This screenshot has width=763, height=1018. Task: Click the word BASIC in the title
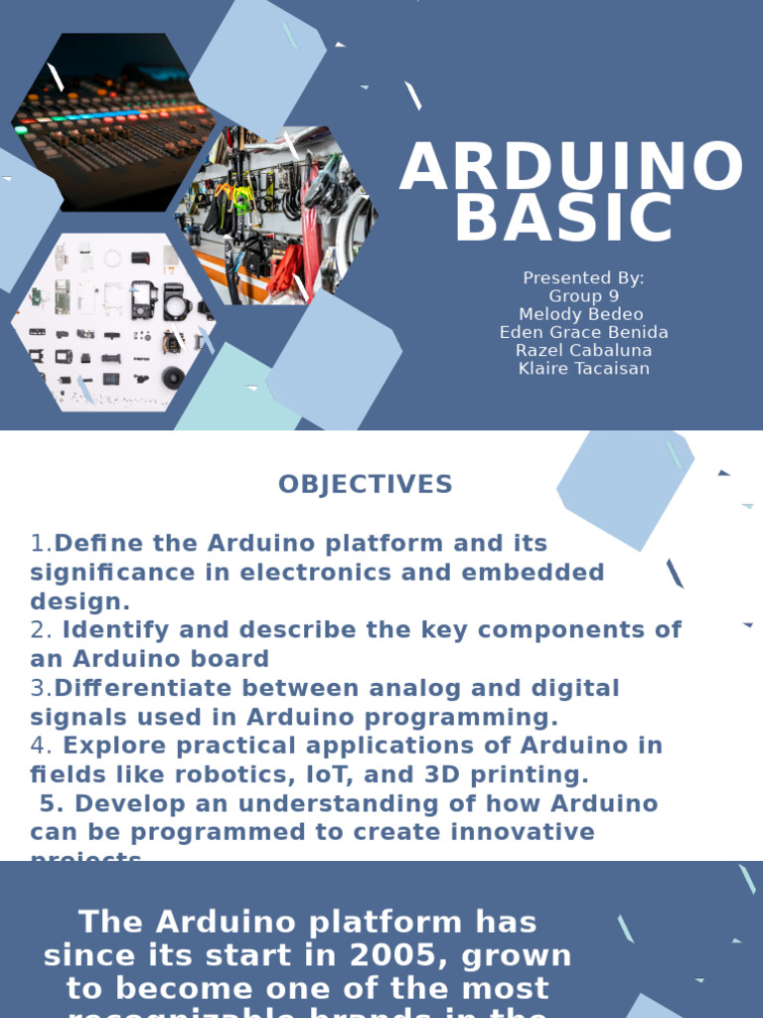pos(564,219)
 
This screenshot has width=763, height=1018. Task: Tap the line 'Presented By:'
pos(583,278)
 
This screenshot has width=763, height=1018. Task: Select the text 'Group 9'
pos(583,296)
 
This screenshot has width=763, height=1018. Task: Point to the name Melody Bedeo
pos(581,314)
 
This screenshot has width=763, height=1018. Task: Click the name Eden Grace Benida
pos(583,332)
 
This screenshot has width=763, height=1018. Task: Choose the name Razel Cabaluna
pos(583,350)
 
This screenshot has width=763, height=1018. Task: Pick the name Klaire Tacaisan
pos(583,368)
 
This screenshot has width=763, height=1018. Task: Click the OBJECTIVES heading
pos(365,484)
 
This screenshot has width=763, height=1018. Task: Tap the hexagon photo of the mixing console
pos(111,121)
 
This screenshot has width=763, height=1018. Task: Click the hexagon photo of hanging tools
pos(278,215)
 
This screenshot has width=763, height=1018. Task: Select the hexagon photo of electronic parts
pos(111,323)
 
